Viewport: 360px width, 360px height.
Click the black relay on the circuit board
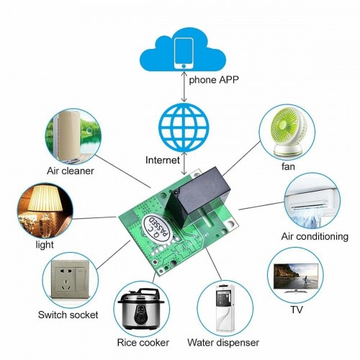click(196, 192)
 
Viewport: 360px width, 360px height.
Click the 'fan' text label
click(289, 167)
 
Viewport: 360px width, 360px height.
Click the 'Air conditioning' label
click(315, 236)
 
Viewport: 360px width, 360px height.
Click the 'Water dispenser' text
click(222, 343)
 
